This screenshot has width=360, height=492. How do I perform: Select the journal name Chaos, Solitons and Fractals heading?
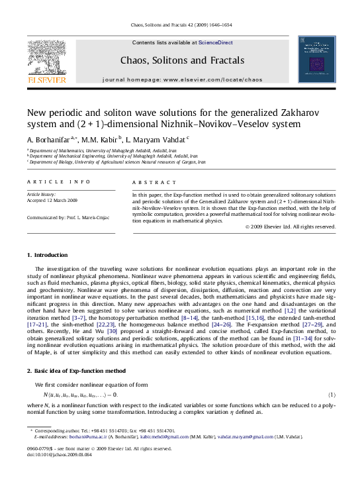(x=182, y=60)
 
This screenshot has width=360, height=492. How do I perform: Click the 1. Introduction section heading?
(x=47, y=255)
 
